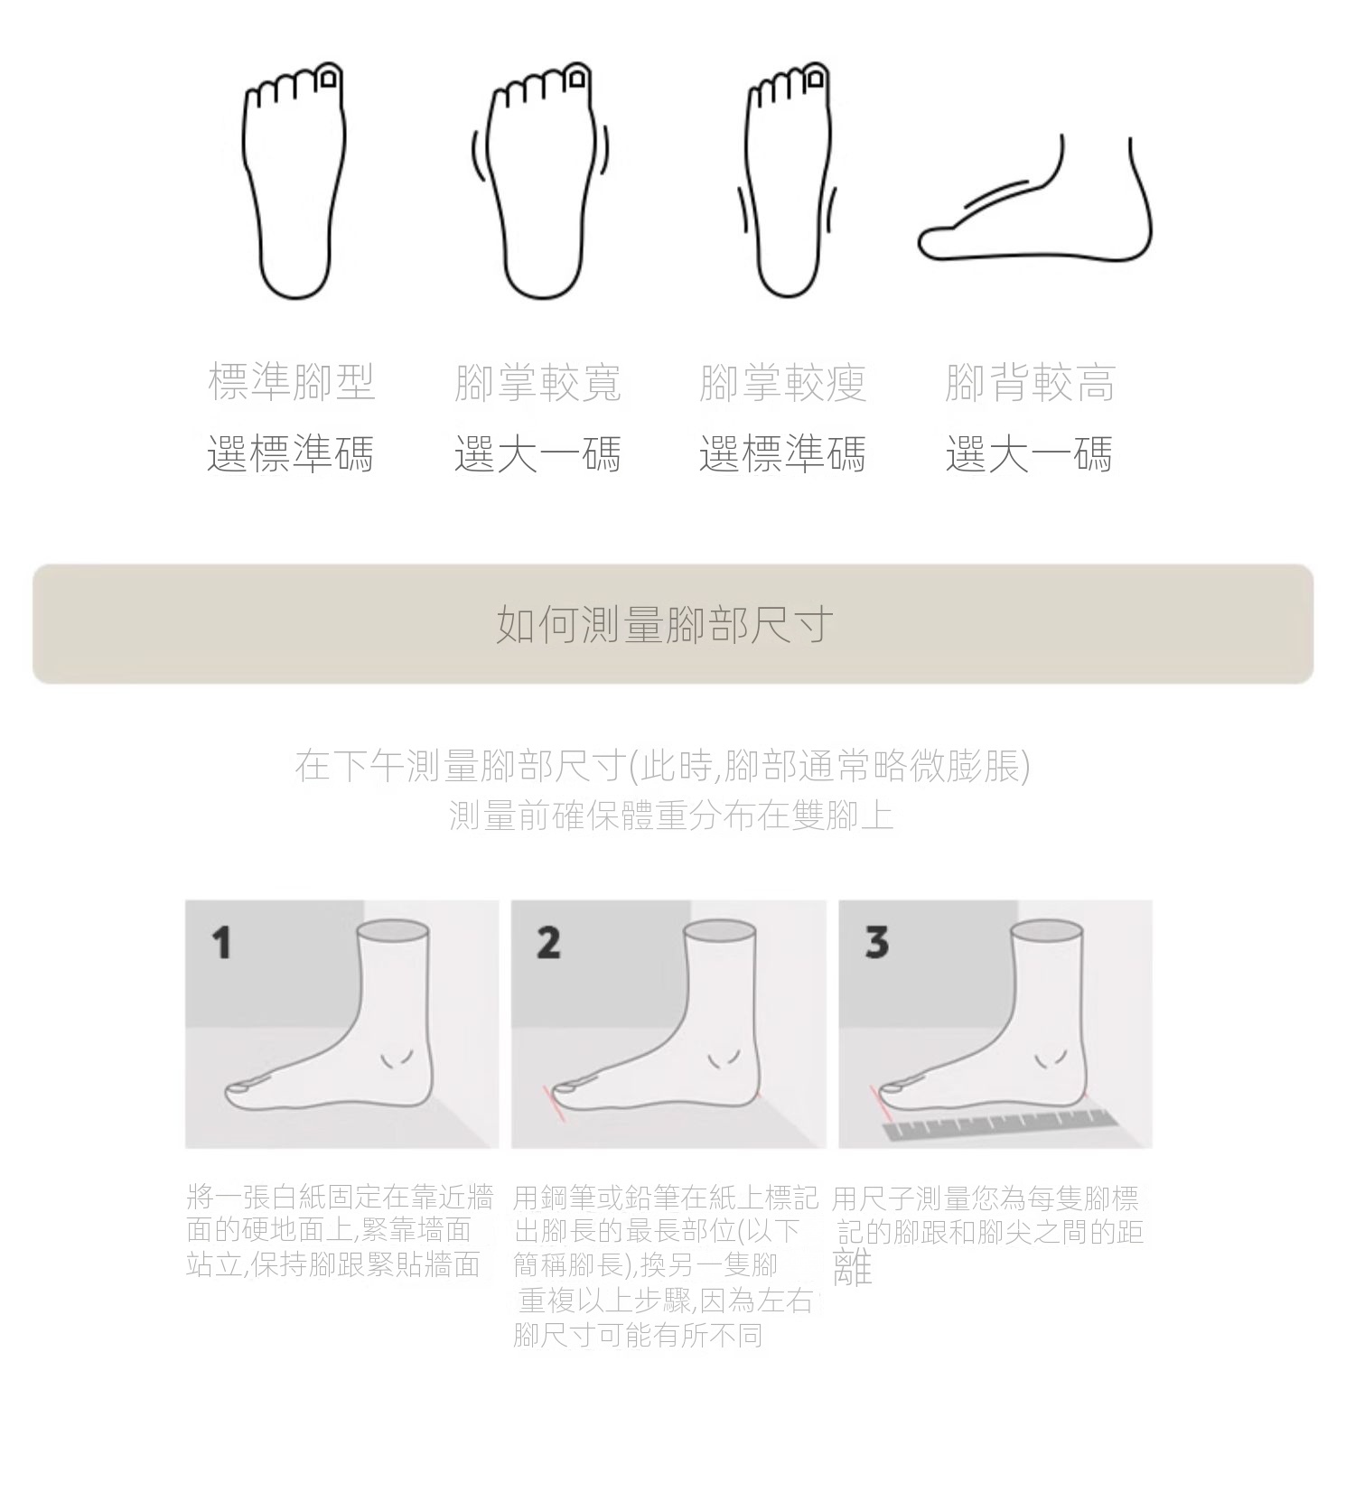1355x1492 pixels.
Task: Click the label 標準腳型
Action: tap(292, 382)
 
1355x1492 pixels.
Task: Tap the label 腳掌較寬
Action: tap(538, 382)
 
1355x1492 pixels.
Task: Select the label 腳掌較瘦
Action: tap(783, 382)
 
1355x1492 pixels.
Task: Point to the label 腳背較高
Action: tap(1030, 382)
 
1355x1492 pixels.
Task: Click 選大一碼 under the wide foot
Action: tap(537, 453)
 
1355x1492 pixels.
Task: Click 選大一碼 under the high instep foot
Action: tap(1029, 453)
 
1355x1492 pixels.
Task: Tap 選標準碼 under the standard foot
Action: tap(291, 453)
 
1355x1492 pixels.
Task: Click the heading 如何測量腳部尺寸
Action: tap(664, 624)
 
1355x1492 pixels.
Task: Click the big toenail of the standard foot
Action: tap(329, 79)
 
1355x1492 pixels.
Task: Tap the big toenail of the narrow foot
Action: tap(817, 79)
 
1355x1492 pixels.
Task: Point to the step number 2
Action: tap(548, 943)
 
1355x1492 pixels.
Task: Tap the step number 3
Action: tap(876, 942)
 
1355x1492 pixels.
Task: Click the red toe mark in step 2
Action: tap(553, 1103)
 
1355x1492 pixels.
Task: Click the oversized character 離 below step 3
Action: tap(852, 1268)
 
